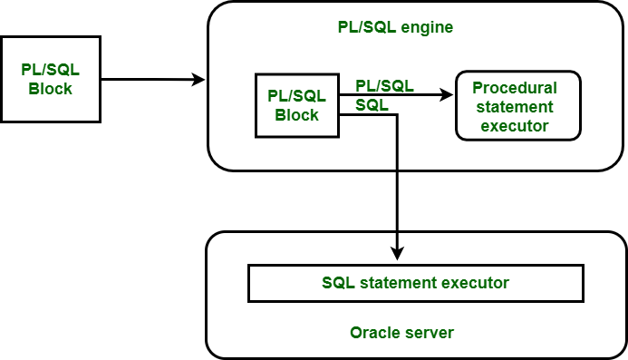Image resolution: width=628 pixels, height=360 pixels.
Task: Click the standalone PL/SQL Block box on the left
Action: (x=51, y=80)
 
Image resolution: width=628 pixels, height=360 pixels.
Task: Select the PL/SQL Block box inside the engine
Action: (x=296, y=105)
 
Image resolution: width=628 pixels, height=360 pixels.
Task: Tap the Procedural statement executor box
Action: (x=517, y=105)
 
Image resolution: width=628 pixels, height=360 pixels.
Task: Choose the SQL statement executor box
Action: (x=416, y=283)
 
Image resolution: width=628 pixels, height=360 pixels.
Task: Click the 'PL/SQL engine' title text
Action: (x=390, y=27)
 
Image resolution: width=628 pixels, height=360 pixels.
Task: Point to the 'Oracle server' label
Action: (x=401, y=333)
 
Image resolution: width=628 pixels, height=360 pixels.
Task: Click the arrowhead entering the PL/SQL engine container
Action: (x=199, y=80)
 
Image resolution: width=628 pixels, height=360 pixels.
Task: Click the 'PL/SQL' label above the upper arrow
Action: (x=384, y=85)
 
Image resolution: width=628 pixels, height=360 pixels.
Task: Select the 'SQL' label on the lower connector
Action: (x=372, y=105)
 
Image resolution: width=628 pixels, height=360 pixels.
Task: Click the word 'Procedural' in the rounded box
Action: (x=515, y=88)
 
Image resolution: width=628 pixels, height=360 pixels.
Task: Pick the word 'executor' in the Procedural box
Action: (x=516, y=126)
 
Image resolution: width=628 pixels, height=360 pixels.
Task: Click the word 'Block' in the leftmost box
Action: (x=51, y=89)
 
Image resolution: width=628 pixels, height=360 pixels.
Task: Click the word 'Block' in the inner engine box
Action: (x=296, y=115)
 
